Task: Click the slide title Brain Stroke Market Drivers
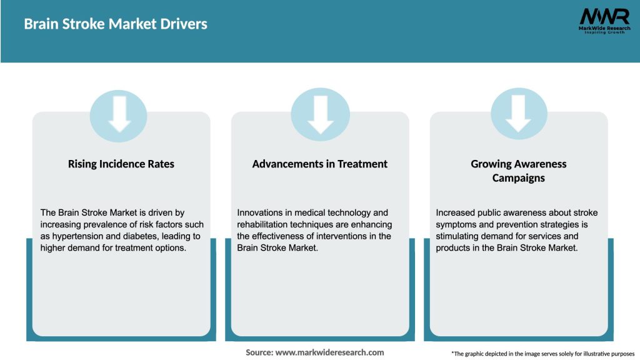point(116,24)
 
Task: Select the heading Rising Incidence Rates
point(121,164)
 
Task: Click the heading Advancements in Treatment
point(320,164)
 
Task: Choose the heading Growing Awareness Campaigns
point(519,171)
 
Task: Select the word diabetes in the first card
point(146,236)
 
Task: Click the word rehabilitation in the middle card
point(264,224)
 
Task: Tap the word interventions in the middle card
point(344,236)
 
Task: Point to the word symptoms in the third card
point(457,224)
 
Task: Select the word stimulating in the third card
point(461,236)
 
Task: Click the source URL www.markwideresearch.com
point(329,352)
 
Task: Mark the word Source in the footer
point(259,352)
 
